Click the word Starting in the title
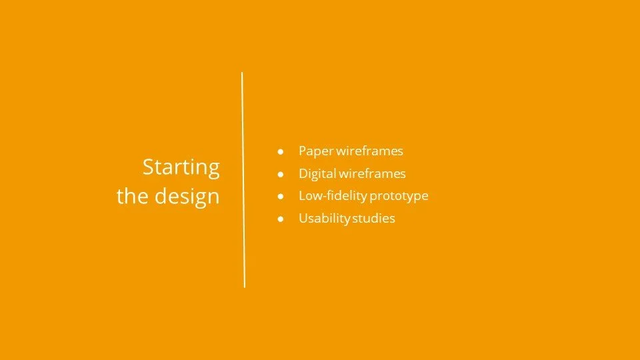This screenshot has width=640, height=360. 181,168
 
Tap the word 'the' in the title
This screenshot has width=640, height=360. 131,197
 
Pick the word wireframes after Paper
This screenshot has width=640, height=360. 369,151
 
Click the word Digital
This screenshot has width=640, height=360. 317,174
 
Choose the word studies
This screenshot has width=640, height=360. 374,219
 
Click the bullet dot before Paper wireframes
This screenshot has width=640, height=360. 281,152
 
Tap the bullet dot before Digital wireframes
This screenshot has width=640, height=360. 281,174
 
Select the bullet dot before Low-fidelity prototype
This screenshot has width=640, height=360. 281,197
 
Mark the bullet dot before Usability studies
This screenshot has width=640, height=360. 281,219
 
